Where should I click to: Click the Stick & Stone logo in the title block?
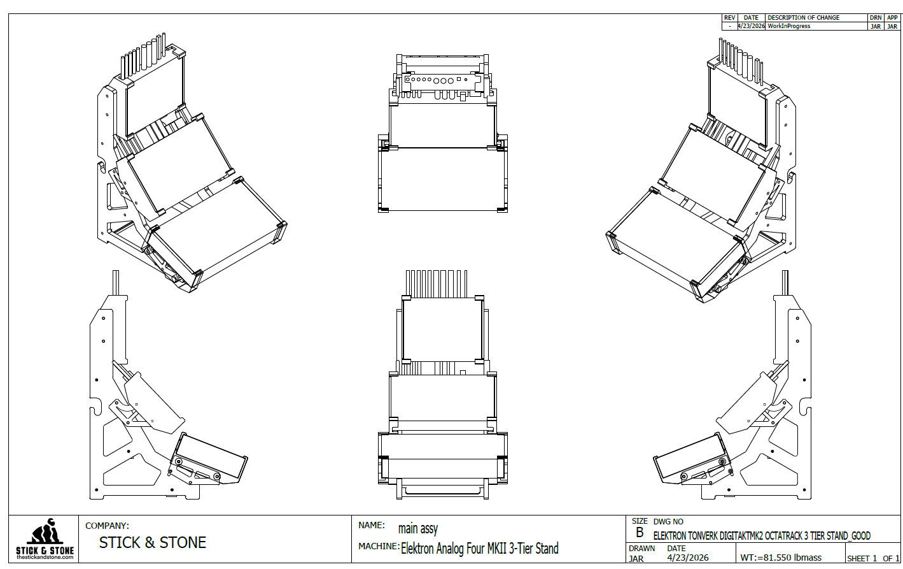[45, 539]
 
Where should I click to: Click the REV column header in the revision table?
[729, 18]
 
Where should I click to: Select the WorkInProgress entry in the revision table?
[788, 26]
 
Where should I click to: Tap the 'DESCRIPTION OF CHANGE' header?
[803, 18]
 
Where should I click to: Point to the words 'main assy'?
[417, 529]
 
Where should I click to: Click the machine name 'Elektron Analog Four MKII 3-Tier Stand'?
[480, 549]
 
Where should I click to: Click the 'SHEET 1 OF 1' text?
[872, 559]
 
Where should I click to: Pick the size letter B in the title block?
[640, 533]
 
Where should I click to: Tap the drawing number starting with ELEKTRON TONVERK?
[762, 536]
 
